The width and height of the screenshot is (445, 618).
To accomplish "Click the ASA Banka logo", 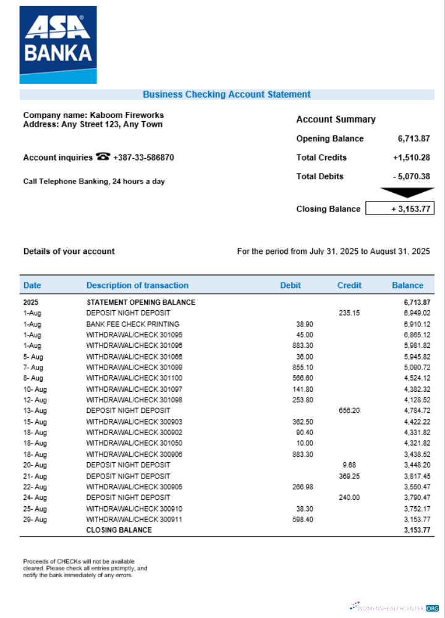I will (58, 44).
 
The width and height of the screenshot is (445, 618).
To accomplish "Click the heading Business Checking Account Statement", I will (226, 95).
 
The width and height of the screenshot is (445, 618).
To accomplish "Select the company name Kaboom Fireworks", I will (127, 115).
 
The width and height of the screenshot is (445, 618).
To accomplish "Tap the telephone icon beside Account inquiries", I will (103, 157).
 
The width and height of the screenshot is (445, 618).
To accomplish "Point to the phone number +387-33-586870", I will (143, 158).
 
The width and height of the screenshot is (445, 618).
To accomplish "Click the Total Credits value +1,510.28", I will (411, 158).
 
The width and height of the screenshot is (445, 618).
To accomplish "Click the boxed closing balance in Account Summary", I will (400, 209).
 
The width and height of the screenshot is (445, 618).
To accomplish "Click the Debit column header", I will (290, 286).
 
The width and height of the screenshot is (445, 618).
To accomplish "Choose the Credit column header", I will (349, 286).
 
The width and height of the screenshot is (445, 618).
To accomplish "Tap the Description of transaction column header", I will (137, 286).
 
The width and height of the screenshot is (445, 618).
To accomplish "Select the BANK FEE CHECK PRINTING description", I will (132, 324).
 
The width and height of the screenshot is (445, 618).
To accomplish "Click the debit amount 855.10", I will (302, 368).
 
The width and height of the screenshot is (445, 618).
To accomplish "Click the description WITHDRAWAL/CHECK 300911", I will (133, 520).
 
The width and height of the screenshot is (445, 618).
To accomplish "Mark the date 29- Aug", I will (35, 520).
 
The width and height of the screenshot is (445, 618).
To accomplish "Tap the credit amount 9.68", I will (349, 465).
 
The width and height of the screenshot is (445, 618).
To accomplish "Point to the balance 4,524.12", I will (417, 378).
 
